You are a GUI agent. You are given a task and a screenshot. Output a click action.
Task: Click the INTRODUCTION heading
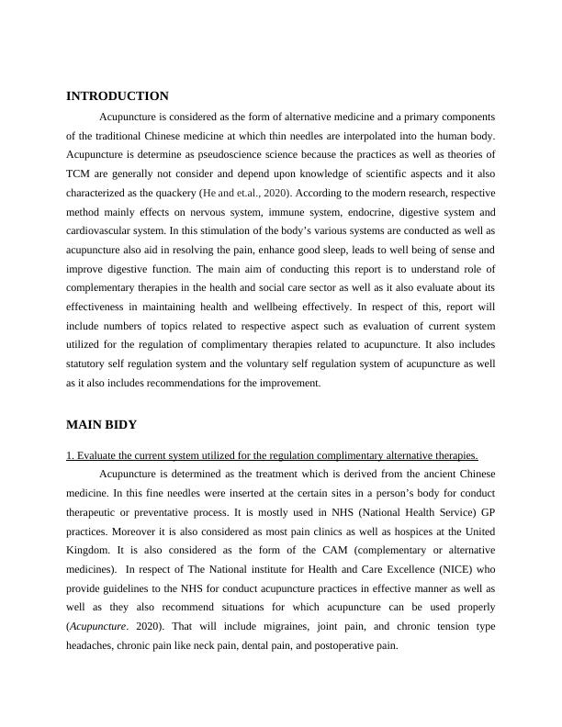point(118,96)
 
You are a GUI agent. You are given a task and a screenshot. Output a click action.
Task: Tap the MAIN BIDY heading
point(102,424)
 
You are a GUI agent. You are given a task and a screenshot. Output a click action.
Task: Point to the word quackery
point(169,194)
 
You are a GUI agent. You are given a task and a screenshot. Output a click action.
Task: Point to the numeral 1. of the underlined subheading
point(70,455)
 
